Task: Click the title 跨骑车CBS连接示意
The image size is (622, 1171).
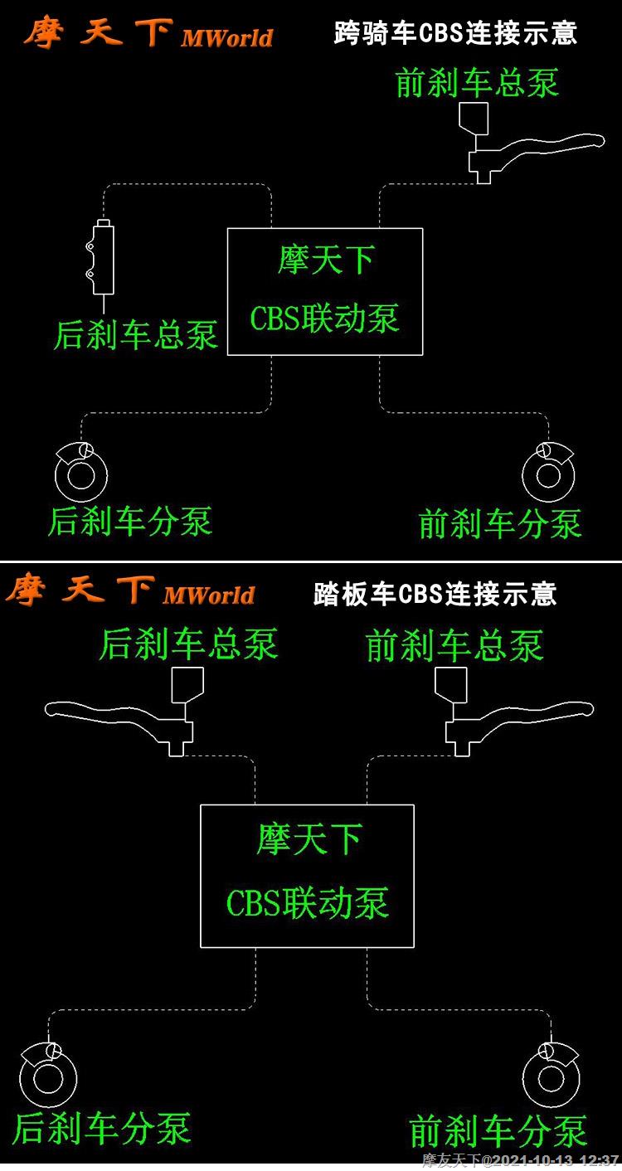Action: (455, 33)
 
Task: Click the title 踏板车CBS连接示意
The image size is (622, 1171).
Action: (435, 594)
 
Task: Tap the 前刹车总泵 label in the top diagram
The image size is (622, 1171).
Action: (477, 83)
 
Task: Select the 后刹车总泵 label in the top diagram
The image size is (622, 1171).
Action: (136, 335)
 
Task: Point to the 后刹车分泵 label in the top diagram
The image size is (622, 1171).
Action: (130, 522)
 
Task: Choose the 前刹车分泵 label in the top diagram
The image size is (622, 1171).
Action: (500, 523)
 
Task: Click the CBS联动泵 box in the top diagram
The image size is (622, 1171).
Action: (325, 291)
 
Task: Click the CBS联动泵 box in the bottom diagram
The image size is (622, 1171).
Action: (307, 876)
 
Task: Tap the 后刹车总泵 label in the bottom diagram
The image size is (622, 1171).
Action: (188, 644)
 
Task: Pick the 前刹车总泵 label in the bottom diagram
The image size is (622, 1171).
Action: (454, 646)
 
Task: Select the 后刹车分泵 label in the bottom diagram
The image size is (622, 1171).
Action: (101, 1129)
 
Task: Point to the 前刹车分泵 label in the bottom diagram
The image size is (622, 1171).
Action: (498, 1131)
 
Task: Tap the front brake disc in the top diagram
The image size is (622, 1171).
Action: (549, 474)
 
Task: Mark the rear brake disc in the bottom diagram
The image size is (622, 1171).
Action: (48, 1078)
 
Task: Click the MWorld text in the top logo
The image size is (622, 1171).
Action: (226, 38)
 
